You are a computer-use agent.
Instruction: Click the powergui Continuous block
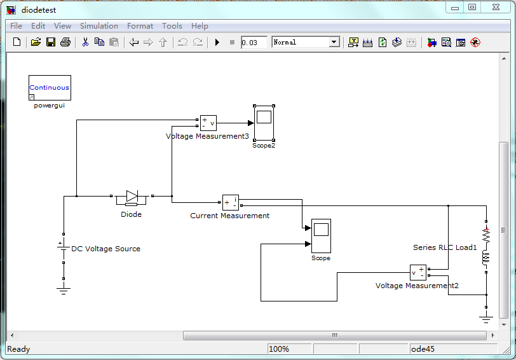coord(50,88)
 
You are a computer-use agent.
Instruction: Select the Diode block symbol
coord(132,197)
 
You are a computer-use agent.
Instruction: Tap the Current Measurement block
coord(230,202)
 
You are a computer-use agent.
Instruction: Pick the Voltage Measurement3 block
coord(208,123)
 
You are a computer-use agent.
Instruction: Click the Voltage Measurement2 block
coord(418,272)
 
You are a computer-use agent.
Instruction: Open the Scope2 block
coord(264,123)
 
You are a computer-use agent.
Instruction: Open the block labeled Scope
coord(321,236)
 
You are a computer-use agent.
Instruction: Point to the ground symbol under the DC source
coord(64,289)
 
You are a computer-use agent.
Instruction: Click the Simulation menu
coord(99,26)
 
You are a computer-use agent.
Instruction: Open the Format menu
coord(140,26)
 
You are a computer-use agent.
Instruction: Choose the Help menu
coord(200,26)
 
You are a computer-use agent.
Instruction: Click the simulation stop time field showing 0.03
coord(254,43)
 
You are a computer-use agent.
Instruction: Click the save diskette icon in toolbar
coord(50,43)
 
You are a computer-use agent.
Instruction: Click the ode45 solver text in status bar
coord(423,349)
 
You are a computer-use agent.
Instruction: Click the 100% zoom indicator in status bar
coord(279,349)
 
